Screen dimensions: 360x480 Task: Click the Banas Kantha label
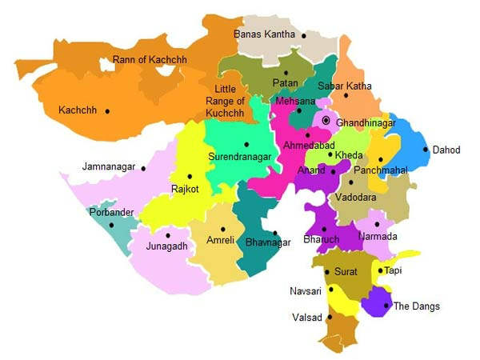pos(264,34)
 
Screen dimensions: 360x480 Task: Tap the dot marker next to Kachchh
pos(107,111)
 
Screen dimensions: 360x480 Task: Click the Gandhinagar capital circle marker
pos(326,121)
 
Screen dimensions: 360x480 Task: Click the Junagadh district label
pos(166,246)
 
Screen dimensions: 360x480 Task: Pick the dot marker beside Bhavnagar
pos(275,233)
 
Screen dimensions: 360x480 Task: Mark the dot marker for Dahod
pos(425,149)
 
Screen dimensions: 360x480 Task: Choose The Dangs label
pos(416,306)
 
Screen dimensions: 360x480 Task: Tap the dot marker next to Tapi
pos(380,270)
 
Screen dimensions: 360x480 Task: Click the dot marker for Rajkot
pos(190,177)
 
